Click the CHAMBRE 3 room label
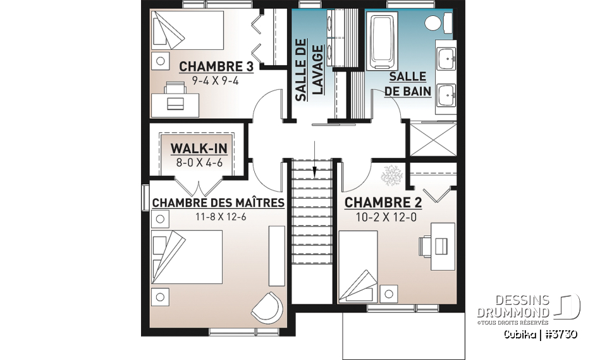(208, 66)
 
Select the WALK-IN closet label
(199, 148)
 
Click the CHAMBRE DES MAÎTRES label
(218, 203)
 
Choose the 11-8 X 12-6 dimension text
(218, 217)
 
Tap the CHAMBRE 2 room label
(383, 203)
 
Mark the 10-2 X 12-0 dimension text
(383, 217)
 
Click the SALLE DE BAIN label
(408, 84)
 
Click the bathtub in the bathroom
(383, 42)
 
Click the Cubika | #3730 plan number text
(540, 335)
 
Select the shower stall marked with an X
(432, 138)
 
